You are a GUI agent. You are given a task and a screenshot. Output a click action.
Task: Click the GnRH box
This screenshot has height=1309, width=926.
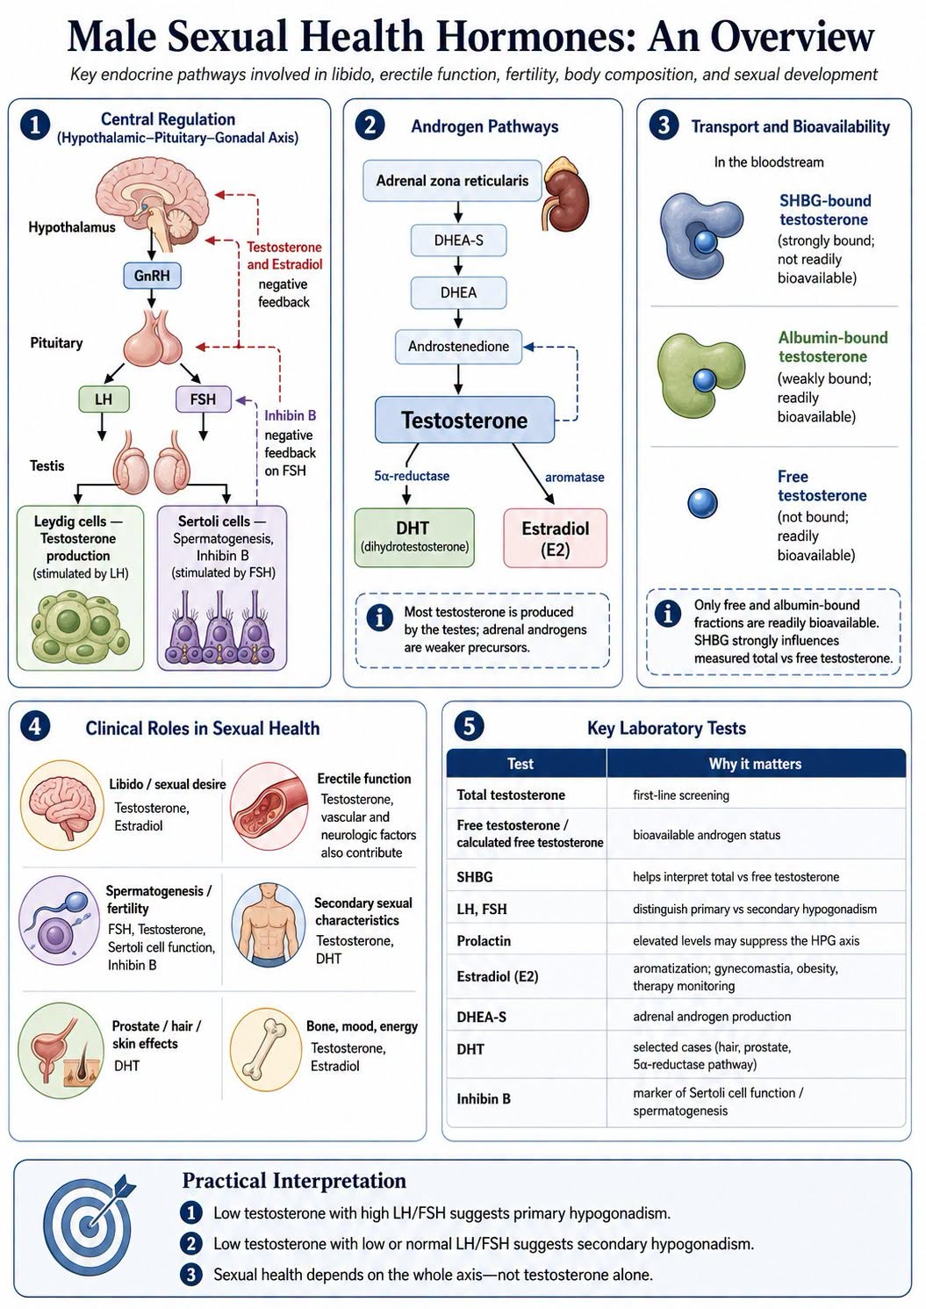[151, 276]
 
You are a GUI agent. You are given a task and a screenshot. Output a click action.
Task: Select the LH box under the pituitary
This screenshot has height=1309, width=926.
[104, 399]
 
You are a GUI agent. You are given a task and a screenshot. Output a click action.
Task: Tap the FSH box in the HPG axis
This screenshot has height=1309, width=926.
[203, 399]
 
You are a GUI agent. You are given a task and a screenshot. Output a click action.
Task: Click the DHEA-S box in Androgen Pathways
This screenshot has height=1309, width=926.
[459, 241]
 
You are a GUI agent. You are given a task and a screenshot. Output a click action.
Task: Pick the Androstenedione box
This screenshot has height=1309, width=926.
[459, 347]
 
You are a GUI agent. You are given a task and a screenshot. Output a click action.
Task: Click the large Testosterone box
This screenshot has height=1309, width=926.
[464, 420]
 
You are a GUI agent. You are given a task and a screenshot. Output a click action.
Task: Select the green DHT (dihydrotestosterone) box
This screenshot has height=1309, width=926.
[414, 537]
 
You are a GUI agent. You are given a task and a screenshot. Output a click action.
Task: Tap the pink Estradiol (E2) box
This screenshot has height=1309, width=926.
[555, 538]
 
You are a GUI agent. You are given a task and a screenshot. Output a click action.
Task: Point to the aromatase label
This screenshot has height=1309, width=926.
[574, 477]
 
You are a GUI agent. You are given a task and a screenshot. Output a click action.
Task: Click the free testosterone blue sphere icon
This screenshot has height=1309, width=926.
[702, 503]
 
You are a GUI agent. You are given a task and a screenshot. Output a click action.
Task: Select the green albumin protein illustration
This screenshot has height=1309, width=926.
[700, 375]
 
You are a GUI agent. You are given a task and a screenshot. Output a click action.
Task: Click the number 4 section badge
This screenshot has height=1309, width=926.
[34, 726]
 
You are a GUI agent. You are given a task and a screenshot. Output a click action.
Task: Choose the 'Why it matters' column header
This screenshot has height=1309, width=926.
[755, 763]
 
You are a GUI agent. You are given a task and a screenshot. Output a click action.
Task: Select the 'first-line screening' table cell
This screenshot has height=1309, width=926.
[681, 795]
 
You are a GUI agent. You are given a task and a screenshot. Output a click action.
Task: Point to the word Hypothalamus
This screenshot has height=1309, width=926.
[72, 227]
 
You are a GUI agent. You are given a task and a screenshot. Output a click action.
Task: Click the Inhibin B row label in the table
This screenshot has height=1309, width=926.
[484, 1098]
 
